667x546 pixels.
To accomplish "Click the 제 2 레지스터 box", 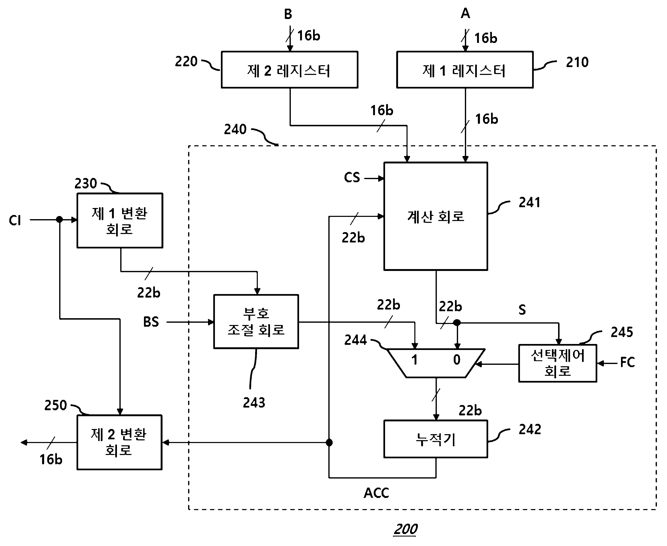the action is tap(290, 70).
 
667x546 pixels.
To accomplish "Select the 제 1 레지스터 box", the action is tap(465, 70).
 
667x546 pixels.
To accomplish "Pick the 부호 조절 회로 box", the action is tap(256, 321).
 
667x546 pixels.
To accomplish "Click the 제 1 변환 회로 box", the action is tap(120, 220).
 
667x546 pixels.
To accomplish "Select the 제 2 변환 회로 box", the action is tap(119, 442).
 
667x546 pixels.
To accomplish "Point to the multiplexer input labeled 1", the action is tap(415, 359).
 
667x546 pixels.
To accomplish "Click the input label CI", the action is tap(15, 220).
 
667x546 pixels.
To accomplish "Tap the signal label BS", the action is tap(151, 322).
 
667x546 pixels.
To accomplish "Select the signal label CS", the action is tap(352, 177).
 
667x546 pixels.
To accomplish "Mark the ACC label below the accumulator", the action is tap(376, 493).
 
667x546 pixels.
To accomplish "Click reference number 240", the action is tap(235, 129).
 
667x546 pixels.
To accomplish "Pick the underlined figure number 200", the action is tap(405, 529).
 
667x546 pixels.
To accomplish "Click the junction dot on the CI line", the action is tap(59, 220).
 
